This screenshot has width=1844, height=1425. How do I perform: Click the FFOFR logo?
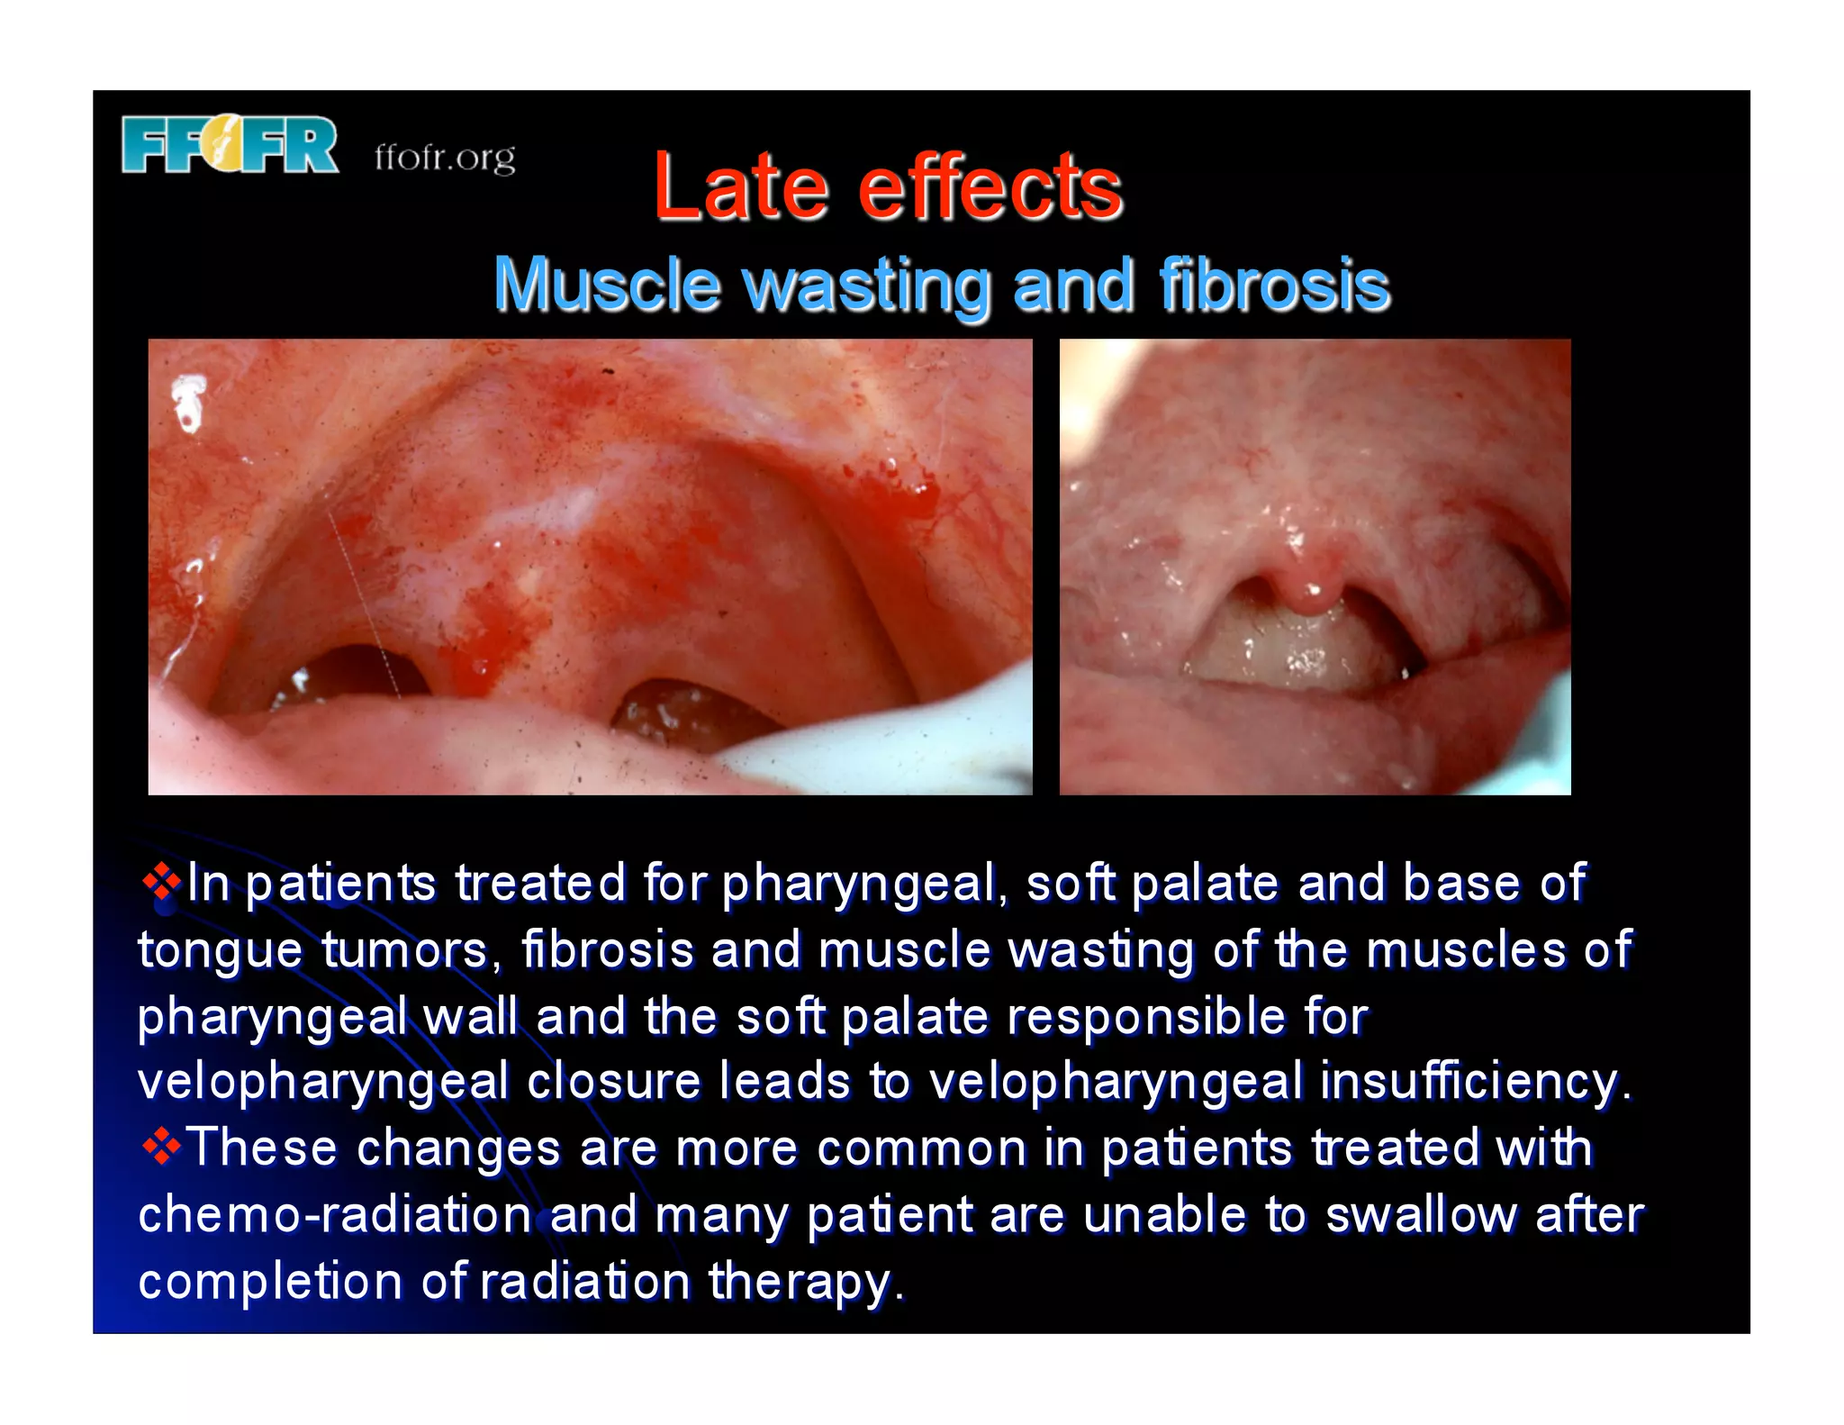[230, 144]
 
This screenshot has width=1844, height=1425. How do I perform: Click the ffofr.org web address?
[445, 159]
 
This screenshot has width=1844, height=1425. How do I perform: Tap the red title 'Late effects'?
[888, 186]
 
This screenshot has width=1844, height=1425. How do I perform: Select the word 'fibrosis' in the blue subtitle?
[1274, 285]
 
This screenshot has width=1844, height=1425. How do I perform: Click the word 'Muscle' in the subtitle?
[608, 285]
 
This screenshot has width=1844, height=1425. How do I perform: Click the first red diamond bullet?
[161, 882]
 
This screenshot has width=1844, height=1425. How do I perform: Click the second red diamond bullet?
[161, 1147]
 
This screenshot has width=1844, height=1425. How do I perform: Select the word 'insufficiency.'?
[1476, 1082]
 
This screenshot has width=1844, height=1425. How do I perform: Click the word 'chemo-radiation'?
[334, 1214]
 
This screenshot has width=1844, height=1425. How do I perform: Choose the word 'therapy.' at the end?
[805, 1282]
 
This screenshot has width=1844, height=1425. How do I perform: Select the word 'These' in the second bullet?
[262, 1148]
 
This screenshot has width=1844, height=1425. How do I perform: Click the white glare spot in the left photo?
[188, 401]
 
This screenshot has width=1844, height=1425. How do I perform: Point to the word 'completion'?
[270, 1282]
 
